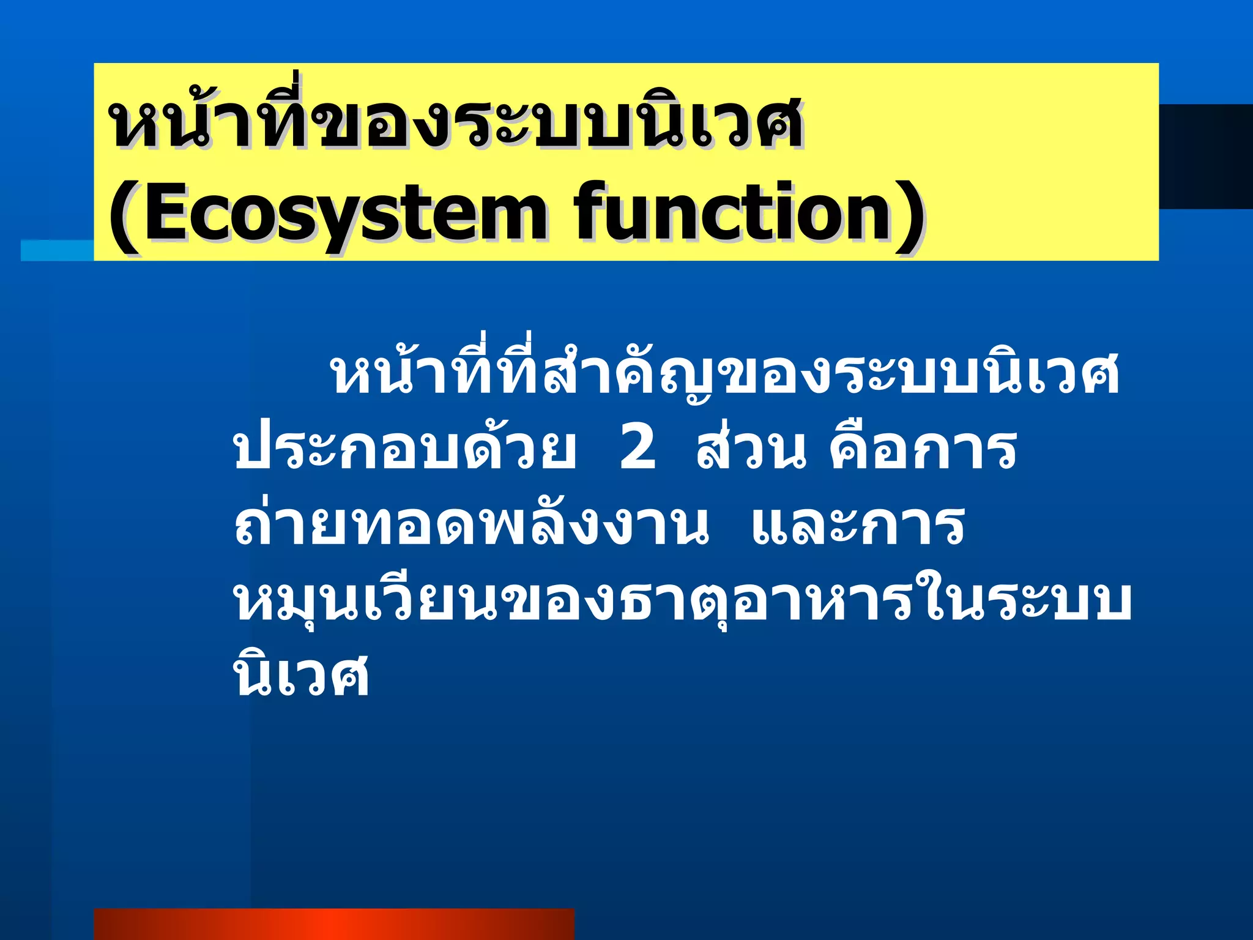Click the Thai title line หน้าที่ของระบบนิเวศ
click(456, 122)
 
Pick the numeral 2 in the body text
click(638, 449)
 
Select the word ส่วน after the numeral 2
click(751, 449)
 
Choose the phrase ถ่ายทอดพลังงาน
click(471, 525)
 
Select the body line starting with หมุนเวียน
click(682, 601)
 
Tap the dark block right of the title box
click(1205, 156)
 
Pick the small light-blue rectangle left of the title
click(57, 250)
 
